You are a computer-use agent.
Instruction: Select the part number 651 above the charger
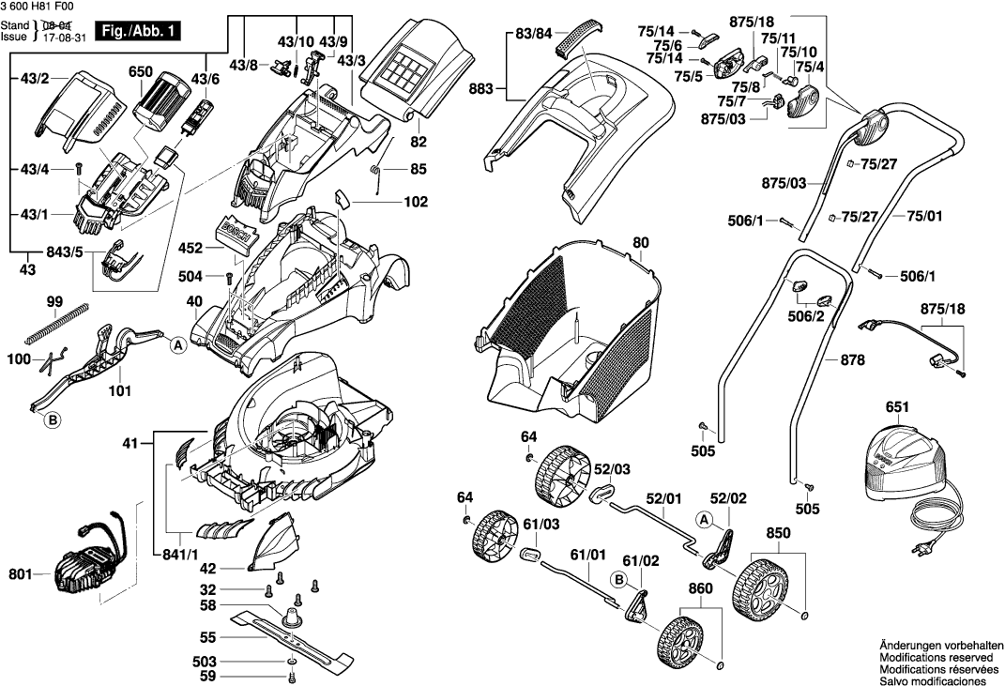(897, 407)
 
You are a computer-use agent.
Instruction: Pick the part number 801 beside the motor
(19, 572)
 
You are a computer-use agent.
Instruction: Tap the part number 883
(482, 89)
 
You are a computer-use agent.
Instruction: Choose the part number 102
(416, 202)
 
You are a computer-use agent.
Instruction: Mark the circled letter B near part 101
(53, 421)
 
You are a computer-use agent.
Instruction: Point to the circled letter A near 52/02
(703, 519)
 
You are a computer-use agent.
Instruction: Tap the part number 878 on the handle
(852, 359)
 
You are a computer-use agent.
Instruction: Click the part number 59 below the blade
(208, 676)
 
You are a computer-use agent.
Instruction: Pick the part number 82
(418, 142)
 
